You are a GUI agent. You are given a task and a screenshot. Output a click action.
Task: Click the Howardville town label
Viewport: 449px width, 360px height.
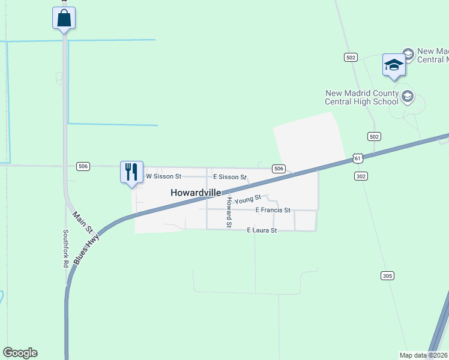tap(196, 193)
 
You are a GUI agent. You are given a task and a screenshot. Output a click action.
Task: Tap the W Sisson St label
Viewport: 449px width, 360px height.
tap(163, 176)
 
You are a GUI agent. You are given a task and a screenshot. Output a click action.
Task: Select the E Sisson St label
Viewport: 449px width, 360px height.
tap(229, 177)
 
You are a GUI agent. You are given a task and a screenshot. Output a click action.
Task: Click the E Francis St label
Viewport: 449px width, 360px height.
tap(273, 210)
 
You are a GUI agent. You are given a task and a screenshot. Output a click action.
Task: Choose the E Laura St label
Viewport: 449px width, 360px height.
tap(262, 230)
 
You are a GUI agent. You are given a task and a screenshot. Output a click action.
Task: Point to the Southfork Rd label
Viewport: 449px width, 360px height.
tap(66, 248)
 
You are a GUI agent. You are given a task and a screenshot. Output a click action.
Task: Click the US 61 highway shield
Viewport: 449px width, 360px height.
tap(358, 158)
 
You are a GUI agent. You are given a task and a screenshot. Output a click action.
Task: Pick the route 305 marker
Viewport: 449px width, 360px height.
tap(387, 275)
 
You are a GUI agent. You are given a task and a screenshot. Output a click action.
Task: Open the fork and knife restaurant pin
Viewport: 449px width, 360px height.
tap(131, 172)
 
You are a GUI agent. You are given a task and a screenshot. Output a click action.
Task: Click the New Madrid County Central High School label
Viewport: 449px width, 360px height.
tap(362, 97)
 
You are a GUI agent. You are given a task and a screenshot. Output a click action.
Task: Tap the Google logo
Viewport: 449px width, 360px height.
tap(20, 353)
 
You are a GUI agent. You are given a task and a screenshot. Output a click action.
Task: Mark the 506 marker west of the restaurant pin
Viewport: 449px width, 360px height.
tap(83, 166)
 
